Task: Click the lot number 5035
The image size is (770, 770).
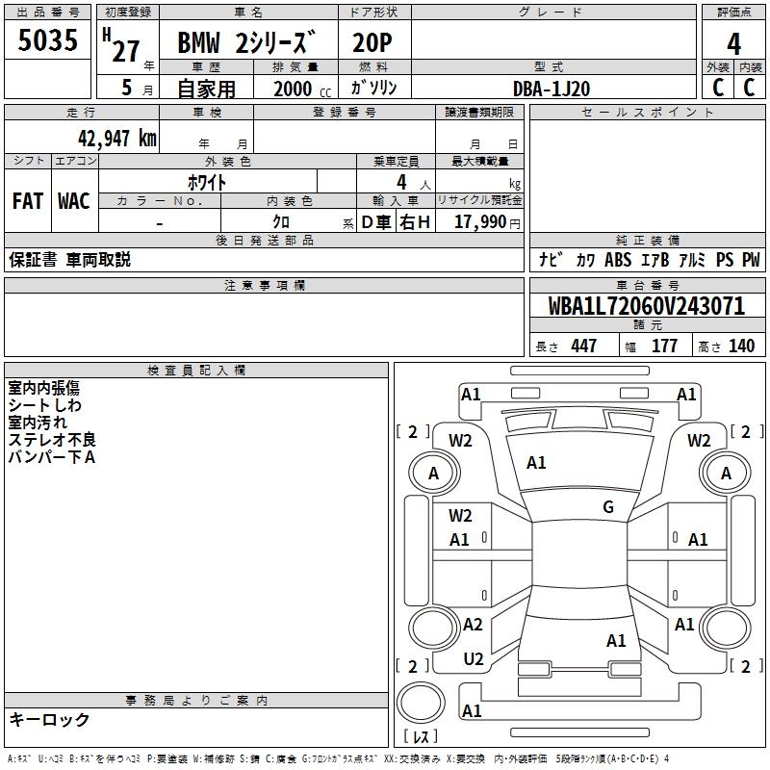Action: coord(47,40)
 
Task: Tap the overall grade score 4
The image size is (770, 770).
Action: coord(733,43)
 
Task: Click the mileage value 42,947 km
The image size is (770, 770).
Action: coord(116,138)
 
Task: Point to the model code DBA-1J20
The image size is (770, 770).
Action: coord(552,89)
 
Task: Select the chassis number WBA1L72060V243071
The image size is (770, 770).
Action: coord(647,306)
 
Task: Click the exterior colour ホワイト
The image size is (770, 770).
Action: coord(207,182)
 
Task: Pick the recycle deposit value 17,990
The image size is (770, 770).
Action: coord(479,222)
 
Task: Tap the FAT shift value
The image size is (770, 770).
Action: coord(28,201)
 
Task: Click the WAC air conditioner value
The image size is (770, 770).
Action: coord(74,201)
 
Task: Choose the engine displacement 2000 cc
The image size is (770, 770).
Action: coord(302,89)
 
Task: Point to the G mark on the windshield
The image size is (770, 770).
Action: coord(608,506)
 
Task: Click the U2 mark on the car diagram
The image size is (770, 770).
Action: coord(474,658)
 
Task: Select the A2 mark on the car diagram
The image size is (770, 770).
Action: coord(473,624)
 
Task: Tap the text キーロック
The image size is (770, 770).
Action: coord(49,719)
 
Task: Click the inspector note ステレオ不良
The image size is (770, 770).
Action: coord(52,440)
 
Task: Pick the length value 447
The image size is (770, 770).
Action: coord(583,346)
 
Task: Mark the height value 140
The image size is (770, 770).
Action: coord(741,346)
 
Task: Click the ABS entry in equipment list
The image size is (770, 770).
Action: coord(618,259)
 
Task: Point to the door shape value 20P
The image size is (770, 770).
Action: coord(372,42)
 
